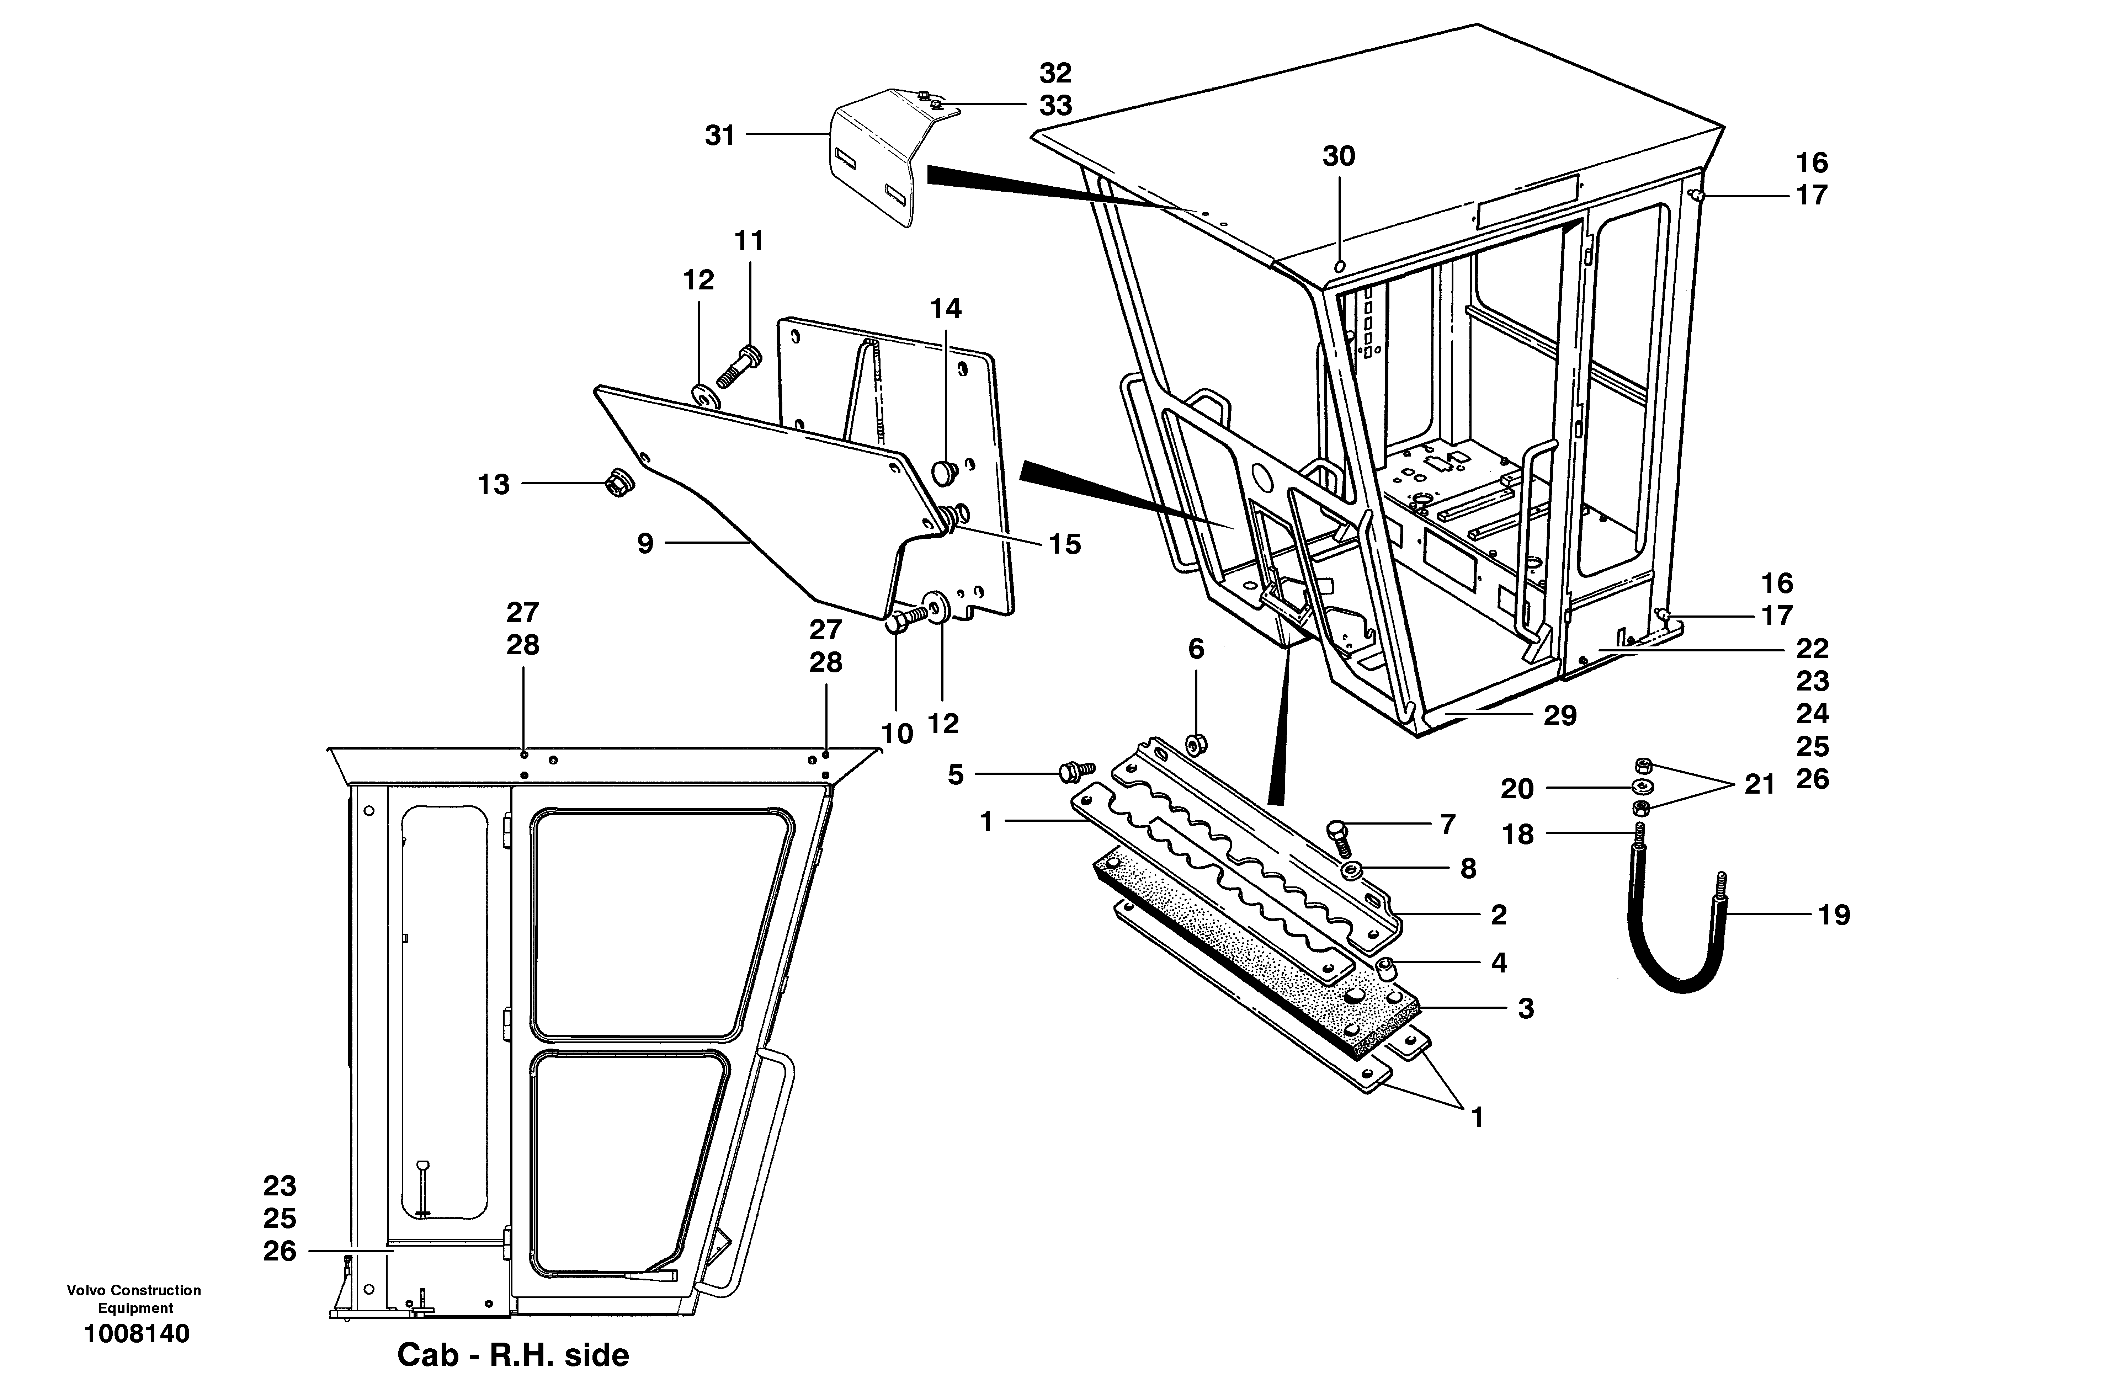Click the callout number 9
click(x=645, y=544)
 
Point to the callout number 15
click(x=1065, y=544)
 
